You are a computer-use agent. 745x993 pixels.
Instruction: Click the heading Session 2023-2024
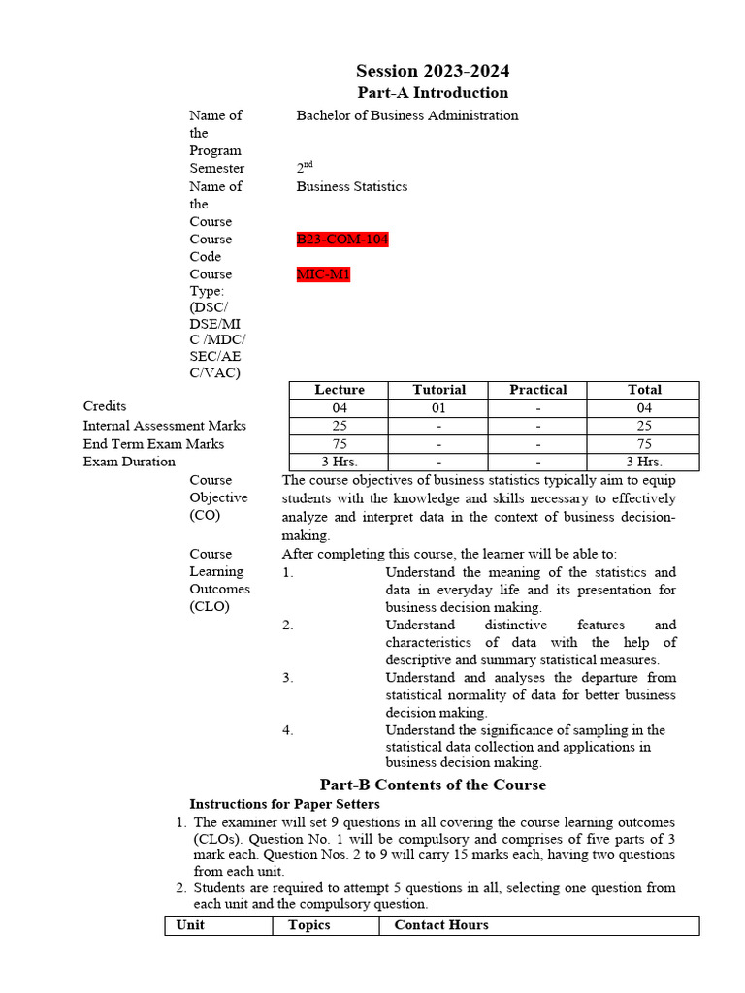click(433, 71)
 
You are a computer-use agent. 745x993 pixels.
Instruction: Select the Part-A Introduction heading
click(433, 93)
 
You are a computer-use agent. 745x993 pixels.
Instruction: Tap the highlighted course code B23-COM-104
click(342, 240)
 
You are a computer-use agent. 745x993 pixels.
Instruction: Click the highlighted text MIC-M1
click(323, 274)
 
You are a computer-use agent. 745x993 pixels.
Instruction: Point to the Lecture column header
click(340, 390)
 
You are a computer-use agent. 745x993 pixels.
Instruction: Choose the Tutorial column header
click(439, 390)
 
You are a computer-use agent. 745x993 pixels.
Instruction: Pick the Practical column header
click(538, 390)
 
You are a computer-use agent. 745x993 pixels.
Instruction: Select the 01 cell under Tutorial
click(439, 408)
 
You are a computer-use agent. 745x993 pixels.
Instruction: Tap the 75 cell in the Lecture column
click(340, 444)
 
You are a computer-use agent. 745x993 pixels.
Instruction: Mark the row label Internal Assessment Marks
click(164, 426)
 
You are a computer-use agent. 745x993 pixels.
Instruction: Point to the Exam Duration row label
click(129, 462)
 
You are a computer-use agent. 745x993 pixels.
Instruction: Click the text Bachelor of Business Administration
click(407, 115)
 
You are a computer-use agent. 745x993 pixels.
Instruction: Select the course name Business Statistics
click(352, 186)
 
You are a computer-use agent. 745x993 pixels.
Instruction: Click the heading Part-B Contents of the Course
click(433, 785)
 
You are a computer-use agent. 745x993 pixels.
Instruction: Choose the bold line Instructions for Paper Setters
click(284, 804)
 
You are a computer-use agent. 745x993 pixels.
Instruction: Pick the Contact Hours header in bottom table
click(441, 925)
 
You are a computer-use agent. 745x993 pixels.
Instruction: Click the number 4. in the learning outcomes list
click(288, 730)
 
